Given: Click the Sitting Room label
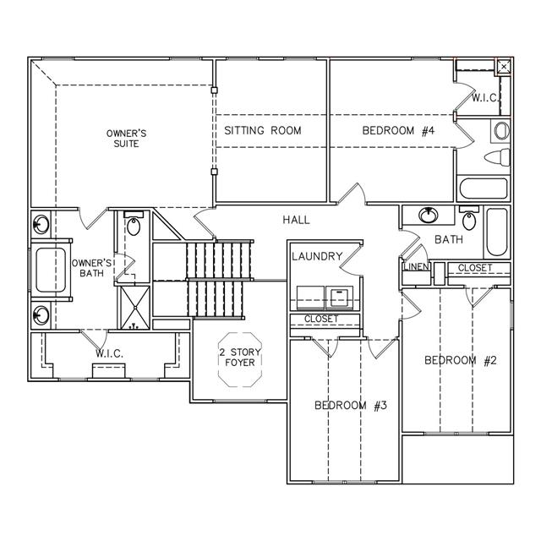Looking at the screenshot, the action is click(263, 130).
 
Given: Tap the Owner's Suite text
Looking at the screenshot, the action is click(126, 139).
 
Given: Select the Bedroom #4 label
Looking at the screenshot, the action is click(398, 131).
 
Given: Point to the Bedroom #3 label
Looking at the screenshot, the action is click(351, 406).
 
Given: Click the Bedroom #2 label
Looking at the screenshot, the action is click(460, 361).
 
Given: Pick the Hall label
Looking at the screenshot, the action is click(296, 220).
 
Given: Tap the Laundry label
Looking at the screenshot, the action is click(317, 256).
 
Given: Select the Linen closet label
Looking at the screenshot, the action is click(417, 267).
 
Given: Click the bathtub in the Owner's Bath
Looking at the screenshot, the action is click(51, 270).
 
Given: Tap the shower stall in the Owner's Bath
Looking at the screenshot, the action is click(135, 308).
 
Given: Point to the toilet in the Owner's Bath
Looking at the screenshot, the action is click(134, 223).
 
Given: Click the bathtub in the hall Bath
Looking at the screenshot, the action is click(497, 232).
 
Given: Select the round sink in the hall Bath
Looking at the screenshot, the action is click(429, 215).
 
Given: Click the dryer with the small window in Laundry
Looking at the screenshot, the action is click(340, 298).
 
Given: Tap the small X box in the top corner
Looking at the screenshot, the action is click(504, 67).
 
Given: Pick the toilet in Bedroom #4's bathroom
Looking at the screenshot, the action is click(497, 157).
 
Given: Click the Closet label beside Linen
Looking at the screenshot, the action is click(475, 268).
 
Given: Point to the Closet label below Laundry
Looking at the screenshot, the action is click(321, 319).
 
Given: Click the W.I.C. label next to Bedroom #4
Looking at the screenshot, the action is click(485, 98).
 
